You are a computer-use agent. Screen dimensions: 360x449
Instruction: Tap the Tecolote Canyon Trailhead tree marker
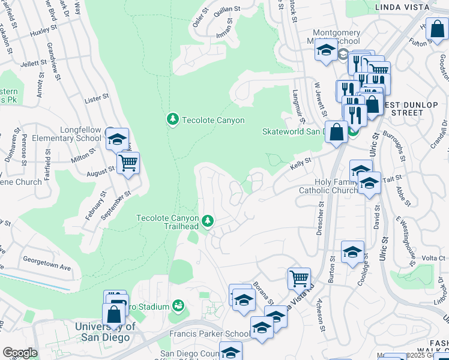[x=208, y=221]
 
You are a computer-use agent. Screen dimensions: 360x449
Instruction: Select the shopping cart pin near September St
[x=128, y=162]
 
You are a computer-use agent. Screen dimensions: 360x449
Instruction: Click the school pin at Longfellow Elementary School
[x=117, y=139]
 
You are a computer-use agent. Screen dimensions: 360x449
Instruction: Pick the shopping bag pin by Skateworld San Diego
[x=337, y=131]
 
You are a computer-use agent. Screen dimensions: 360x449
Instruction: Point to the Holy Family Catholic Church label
[x=328, y=187]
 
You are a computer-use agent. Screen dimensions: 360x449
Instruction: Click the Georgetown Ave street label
[x=47, y=264]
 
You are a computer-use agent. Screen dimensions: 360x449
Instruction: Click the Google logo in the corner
[x=20, y=353]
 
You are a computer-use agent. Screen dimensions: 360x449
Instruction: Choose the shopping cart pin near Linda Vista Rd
[x=299, y=278]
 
